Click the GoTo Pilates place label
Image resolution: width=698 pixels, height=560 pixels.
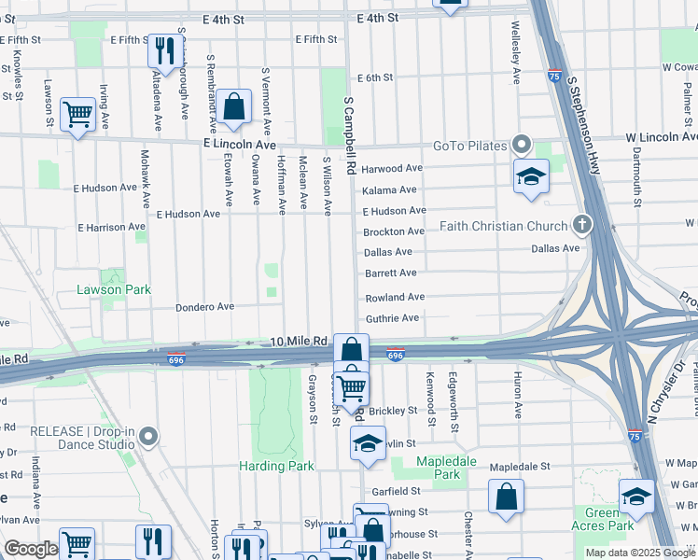tap(469, 146)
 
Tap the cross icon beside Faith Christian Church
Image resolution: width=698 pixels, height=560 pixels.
tap(582, 225)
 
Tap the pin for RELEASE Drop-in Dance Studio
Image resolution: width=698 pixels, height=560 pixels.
tap(147, 436)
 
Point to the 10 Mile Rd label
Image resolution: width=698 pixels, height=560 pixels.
tap(299, 342)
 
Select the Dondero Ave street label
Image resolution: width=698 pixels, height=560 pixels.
tap(205, 307)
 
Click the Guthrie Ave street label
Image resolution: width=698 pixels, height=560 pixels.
tap(392, 318)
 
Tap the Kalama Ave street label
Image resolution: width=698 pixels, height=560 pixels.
tap(389, 189)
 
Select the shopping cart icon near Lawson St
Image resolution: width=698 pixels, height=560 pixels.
tap(77, 114)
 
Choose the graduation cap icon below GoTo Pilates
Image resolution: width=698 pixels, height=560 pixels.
tap(531, 175)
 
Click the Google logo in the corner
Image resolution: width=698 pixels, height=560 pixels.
tap(31, 549)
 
